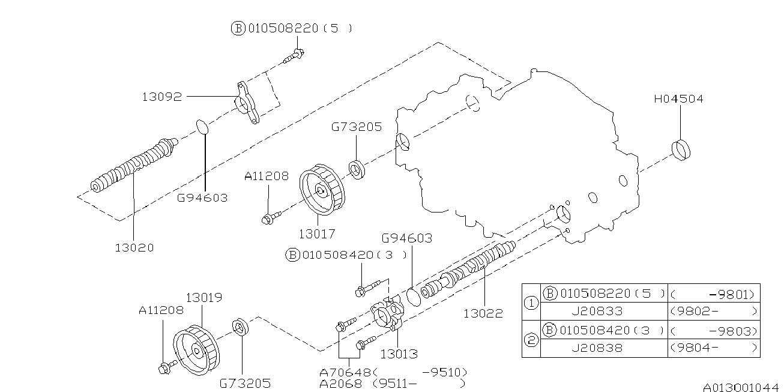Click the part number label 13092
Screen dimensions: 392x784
click(x=162, y=96)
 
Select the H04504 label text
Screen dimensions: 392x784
click(x=678, y=99)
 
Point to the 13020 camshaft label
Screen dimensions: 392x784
click(x=134, y=247)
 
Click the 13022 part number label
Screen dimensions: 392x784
click(x=483, y=313)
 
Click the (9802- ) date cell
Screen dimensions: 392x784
click(x=713, y=312)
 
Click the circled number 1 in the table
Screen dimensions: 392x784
click(x=531, y=303)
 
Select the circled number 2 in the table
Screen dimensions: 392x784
click(x=531, y=339)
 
